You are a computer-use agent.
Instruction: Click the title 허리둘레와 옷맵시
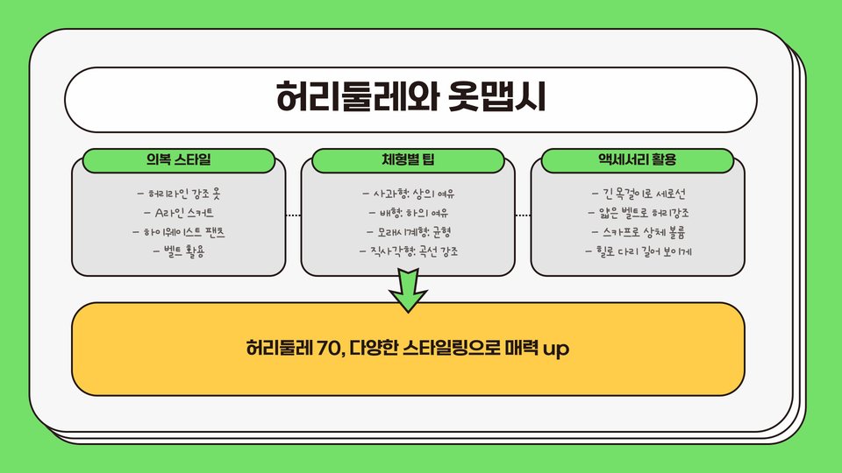pos(410,96)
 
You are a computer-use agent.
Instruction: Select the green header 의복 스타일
pos(179,160)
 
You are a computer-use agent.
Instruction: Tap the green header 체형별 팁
pos(408,160)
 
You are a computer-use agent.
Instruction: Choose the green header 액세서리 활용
pos(637,160)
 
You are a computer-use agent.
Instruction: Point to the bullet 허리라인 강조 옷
pos(179,193)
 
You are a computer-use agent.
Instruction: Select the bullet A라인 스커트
pos(179,213)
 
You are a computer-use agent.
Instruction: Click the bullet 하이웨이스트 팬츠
pos(179,233)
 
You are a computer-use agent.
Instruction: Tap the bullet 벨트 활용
pos(179,252)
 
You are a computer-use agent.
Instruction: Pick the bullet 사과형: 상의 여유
pos(409,193)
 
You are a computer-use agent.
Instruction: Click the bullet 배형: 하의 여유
pos(409,213)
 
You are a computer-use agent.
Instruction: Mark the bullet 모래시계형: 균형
pos(409,233)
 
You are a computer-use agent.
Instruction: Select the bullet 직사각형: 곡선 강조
pos(409,252)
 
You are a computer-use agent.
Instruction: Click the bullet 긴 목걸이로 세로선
pos(638,193)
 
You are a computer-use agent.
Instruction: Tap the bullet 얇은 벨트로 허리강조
pos(638,213)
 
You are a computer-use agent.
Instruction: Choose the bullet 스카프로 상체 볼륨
pos(638,233)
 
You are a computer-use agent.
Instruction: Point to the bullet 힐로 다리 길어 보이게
pos(638,252)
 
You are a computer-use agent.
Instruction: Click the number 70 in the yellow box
pos(317,349)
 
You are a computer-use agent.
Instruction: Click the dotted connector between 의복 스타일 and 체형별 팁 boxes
pos(293,215)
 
